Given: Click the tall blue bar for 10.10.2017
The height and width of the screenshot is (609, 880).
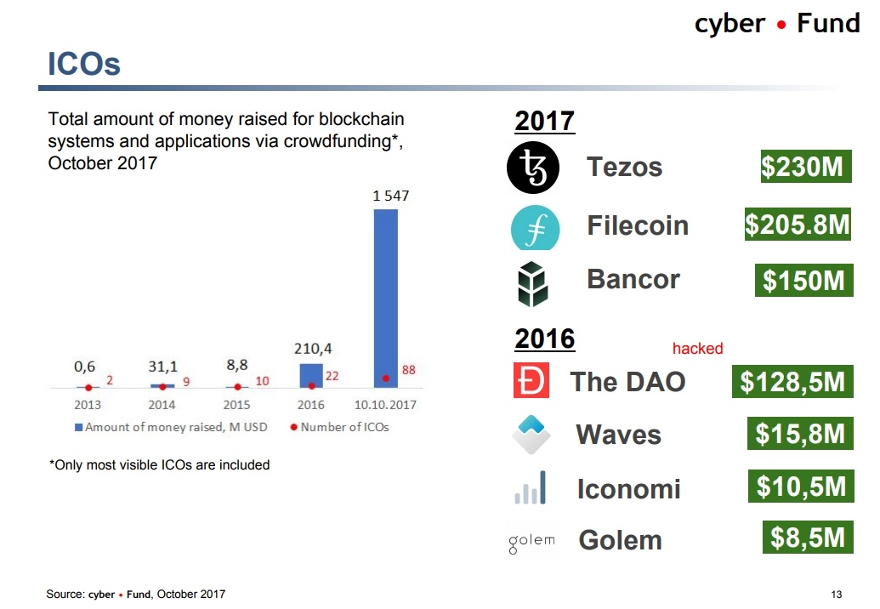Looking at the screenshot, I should [385, 298].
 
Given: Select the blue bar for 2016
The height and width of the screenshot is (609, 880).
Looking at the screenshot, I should [311, 376].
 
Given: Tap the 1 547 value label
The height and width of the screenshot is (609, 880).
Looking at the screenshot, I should [390, 196].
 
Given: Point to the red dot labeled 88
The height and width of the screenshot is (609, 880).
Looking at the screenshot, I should [386, 378].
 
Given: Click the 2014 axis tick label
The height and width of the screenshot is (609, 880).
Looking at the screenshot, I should [162, 405].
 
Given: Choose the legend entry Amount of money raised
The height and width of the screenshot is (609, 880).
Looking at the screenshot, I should [171, 427].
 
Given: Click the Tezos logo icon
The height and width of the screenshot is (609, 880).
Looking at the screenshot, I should [533, 168].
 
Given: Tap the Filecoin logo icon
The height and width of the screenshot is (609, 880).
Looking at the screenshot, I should [535, 227].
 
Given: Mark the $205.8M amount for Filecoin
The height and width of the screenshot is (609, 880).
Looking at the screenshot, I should [798, 225].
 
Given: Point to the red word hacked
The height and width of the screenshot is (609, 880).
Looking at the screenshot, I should [697, 349].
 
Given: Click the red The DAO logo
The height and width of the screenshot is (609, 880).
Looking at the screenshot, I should [531, 381].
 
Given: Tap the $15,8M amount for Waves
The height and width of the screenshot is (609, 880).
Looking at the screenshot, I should [800, 435].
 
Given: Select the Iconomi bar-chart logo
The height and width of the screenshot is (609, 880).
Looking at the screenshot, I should [531, 488].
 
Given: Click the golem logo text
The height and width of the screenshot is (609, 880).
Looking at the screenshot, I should [531, 540].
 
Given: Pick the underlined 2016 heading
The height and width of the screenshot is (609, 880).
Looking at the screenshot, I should [545, 339].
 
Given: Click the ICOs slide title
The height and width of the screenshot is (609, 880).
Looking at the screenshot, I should [83, 64].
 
